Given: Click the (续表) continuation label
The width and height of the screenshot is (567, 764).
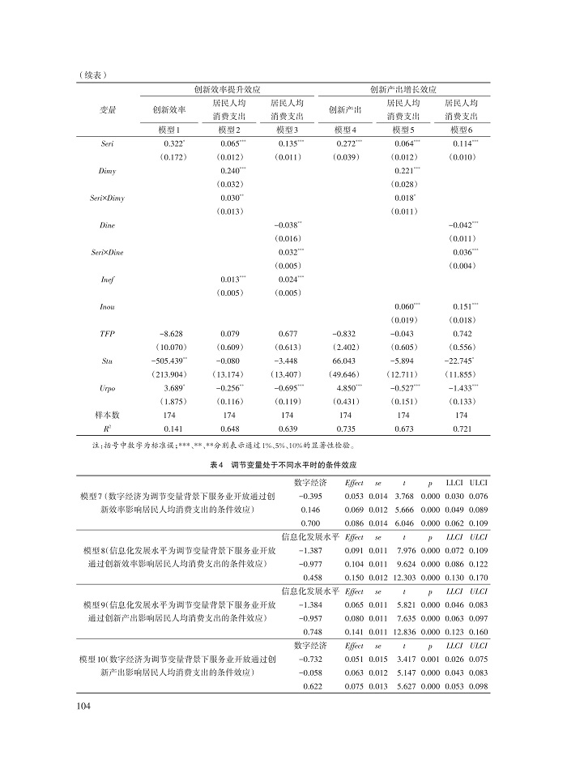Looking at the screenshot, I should (x=94, y=75).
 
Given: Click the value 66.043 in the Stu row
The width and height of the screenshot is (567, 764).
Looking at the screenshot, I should (x=345, y=361).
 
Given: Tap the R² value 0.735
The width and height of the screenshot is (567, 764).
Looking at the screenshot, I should (x=345, y=429).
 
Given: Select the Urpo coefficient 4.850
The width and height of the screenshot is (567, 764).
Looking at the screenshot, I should (x=345, y=388).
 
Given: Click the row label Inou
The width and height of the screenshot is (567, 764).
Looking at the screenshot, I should (x=107, y=306).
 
